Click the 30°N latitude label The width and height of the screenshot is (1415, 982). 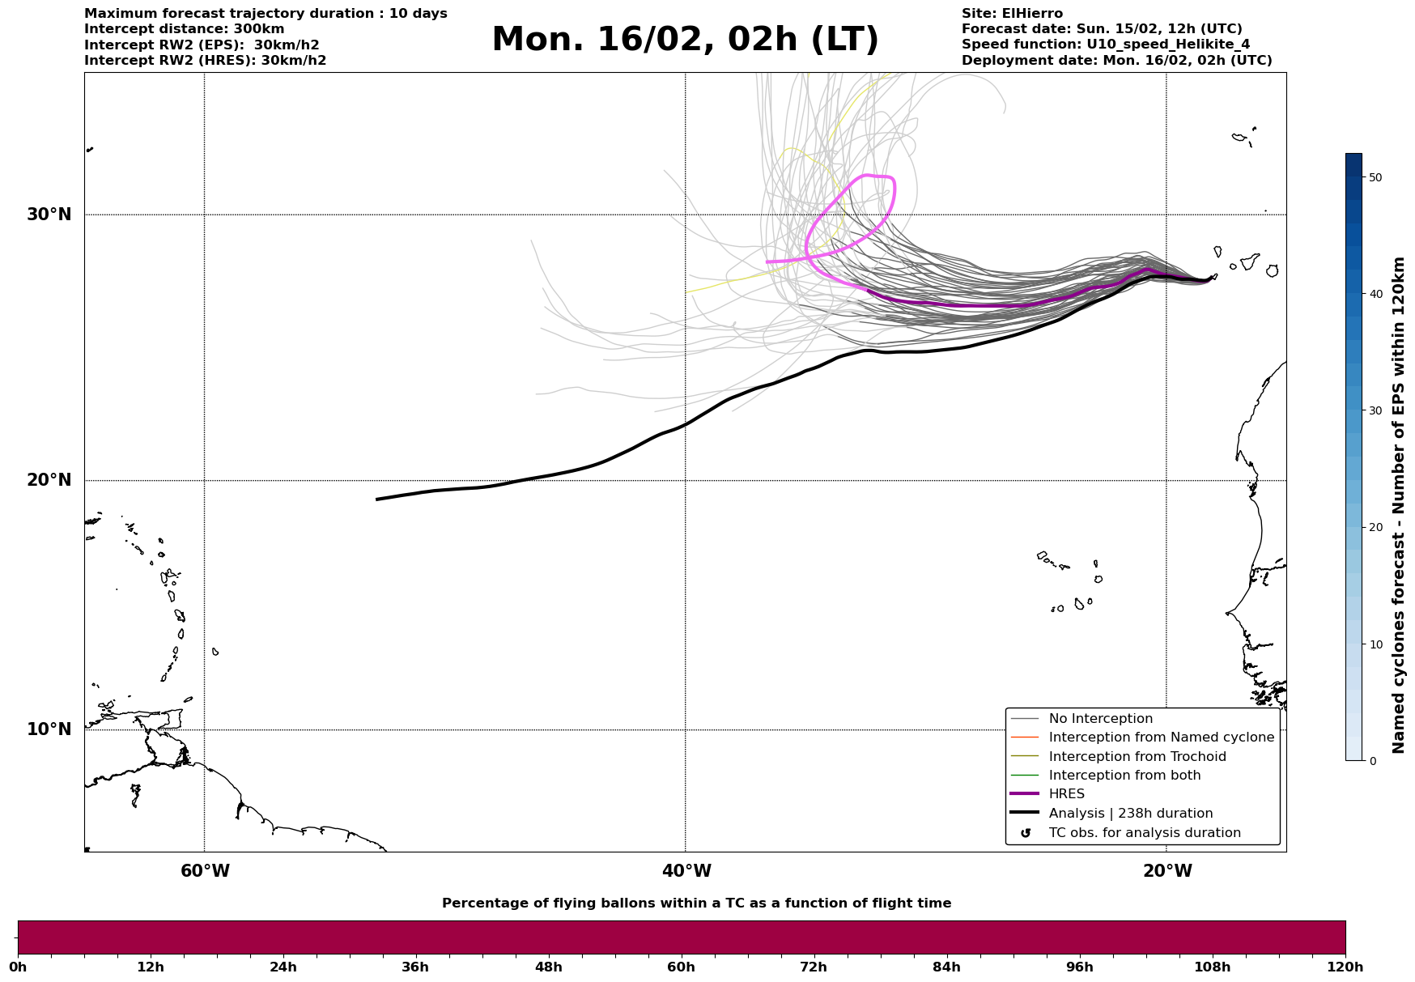49,215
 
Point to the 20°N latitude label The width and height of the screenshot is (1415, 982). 49,480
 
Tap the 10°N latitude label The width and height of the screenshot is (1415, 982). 49,729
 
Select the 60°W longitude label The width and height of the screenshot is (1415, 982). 205,871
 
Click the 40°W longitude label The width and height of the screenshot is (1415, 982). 686,871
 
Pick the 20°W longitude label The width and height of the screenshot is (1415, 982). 1167,871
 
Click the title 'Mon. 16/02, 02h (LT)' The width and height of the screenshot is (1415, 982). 685,40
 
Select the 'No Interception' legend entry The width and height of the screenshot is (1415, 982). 1100,719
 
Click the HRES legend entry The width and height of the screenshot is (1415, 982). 1066,794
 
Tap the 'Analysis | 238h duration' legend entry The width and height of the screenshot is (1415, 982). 1130,814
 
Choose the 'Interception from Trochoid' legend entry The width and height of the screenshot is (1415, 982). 1137,757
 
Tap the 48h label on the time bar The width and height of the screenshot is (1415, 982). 548,967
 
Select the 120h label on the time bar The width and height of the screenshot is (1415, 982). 1345,967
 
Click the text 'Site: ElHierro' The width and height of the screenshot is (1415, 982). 1012,14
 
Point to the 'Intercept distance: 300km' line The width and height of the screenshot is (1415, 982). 184,29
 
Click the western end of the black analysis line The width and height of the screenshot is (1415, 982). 378,500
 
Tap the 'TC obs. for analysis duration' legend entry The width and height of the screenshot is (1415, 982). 1144,833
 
